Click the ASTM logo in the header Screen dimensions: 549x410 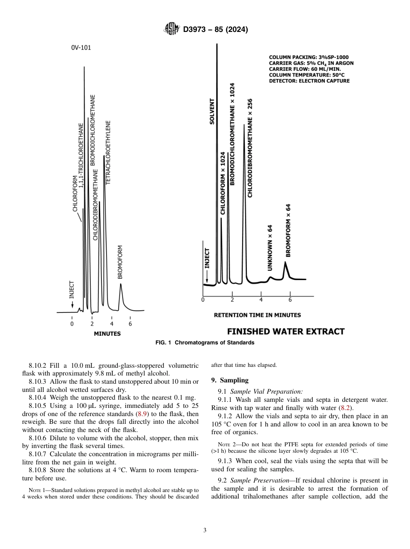point(172,29)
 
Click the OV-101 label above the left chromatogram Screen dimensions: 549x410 point(81,48)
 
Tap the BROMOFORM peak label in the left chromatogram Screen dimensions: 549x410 point(120,262)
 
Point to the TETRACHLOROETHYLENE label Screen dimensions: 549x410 point(108,152)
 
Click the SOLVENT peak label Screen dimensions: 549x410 point(212,111)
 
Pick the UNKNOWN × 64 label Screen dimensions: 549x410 point(270,248)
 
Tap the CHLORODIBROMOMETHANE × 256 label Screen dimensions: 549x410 point(250,148)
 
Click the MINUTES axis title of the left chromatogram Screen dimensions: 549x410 point(107,334)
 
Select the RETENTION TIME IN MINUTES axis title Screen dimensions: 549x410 point(257,315)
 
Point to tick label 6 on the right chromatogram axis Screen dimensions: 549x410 point(290,300)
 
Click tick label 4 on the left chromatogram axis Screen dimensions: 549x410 point(111,324)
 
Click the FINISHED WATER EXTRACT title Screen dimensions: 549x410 point(286,331)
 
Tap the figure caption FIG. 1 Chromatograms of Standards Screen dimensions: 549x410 point(205,343)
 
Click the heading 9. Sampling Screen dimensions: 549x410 point(230,380)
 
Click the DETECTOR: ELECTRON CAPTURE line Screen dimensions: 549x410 point(309,81)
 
